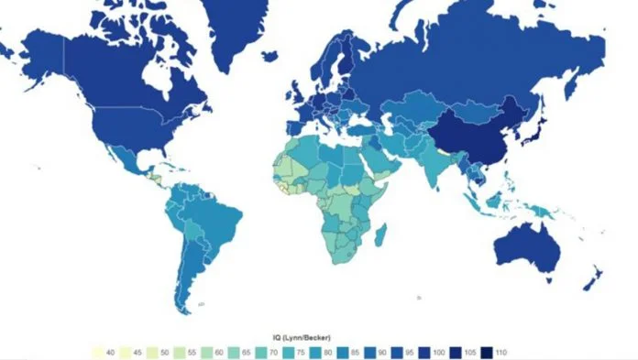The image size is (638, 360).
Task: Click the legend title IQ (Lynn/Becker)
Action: pyautogui.click(x=316, y=339)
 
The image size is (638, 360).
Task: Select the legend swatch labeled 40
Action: pyautogui.click(x=96, y=352)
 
